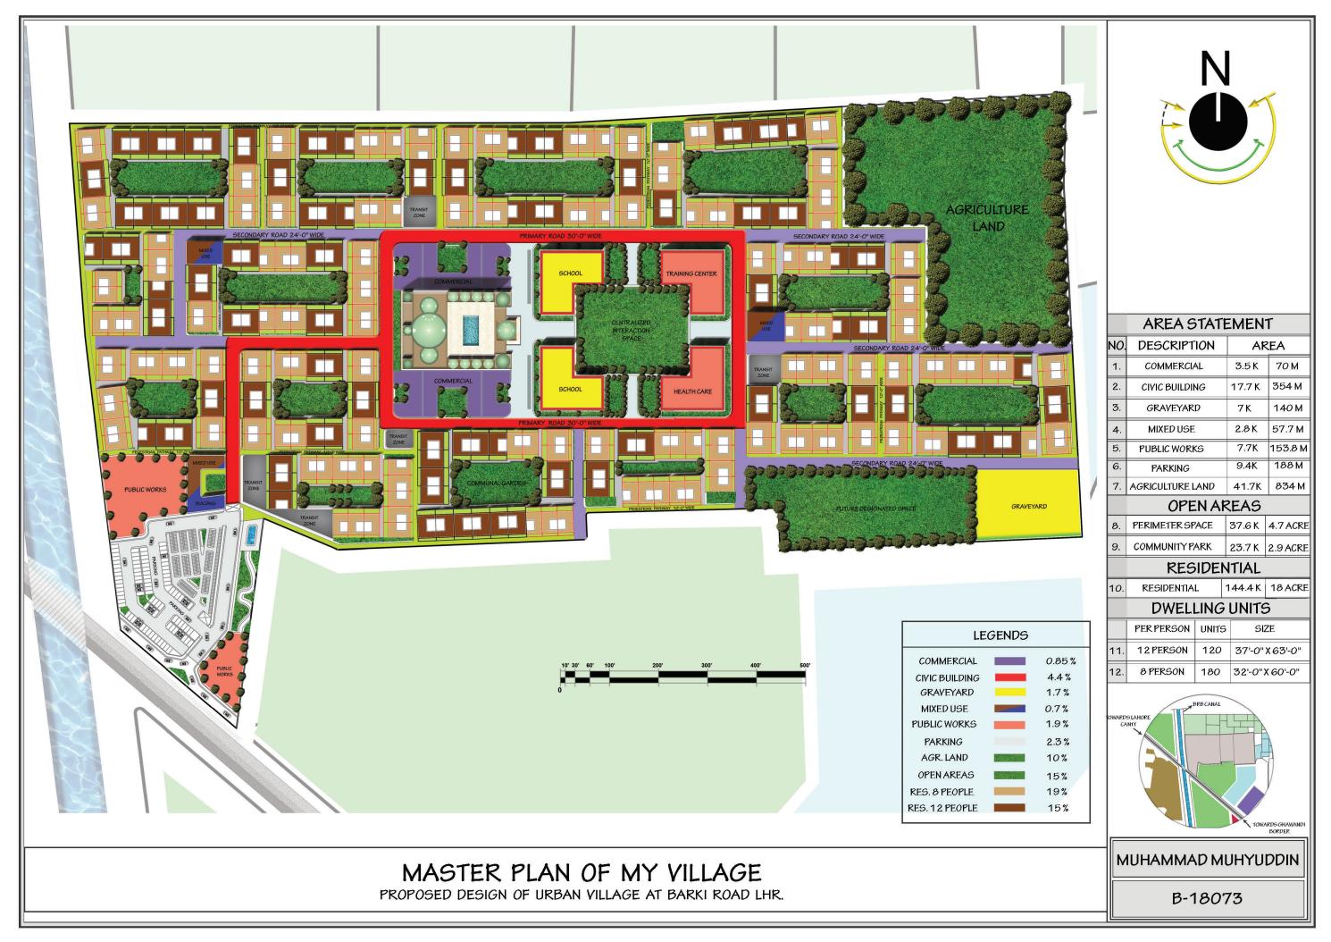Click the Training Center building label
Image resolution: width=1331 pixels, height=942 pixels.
point(691,273)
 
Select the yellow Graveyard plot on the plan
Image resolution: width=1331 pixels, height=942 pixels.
point(1028,505)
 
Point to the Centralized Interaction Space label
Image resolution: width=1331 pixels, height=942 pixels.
point(632,330)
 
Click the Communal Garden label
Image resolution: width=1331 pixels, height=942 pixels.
point(485,483)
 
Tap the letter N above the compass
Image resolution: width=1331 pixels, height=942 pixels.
point(1215,68)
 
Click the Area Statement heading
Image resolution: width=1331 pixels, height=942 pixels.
point(1207,324)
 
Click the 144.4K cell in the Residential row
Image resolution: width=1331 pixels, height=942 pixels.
point(1243,588)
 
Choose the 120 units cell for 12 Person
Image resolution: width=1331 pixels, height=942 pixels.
point(1212,651)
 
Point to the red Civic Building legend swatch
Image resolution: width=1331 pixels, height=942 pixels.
point(1009,677)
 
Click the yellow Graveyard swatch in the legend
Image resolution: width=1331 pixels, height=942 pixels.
point(1009,693)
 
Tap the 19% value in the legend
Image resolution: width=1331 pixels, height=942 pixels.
point(1057,792)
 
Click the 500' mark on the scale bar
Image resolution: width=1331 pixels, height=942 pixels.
point(804,666)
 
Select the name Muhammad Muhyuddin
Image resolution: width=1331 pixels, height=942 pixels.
point(1208,861)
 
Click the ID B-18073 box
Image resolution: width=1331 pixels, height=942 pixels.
point(1208,898)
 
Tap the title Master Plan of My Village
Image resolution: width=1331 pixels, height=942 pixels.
point(582,871)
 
